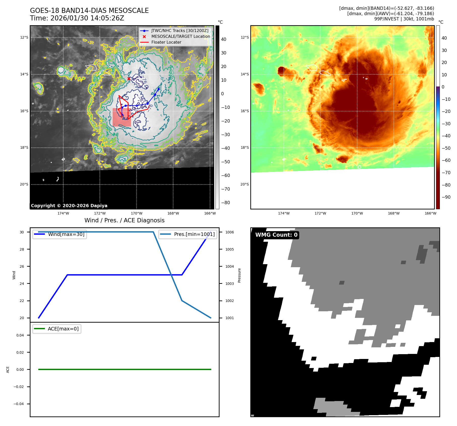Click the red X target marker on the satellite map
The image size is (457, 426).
(129, 79)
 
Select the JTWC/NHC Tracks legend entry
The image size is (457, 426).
(180, 31)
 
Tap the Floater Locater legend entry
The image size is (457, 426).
(166, 42)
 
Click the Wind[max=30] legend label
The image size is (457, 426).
(66, 234)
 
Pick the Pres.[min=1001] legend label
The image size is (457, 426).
(194, 234)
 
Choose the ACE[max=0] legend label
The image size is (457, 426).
(63, 329)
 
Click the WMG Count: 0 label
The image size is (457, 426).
(276, 235)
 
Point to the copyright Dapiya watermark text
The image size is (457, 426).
(69, 206)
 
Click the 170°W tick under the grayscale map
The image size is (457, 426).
(137, 213)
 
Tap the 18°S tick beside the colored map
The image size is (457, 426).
(245, 147)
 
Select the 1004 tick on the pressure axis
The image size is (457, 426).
(229, 266)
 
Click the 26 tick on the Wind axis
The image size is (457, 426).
(22, 266)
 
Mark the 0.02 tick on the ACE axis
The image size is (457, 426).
(20, 352)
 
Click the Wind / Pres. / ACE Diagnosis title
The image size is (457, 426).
(124, 220)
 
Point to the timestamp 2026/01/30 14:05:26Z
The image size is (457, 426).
(87, 18)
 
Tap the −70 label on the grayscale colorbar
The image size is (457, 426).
(225, 189)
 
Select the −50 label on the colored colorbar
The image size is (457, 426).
(446, 148)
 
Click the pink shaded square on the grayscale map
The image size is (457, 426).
(122, 117)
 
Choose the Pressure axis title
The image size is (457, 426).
(239, 275)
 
